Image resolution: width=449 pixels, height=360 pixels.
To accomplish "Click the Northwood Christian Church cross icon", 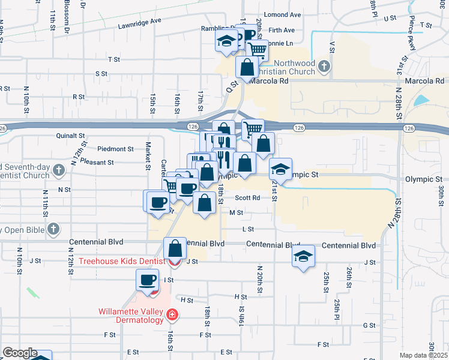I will click(324, 66).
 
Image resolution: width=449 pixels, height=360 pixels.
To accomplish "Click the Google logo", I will click(20, 353).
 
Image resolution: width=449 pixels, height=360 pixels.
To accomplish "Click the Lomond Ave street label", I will click(287, 14).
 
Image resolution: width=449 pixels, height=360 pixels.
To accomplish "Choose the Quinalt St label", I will click(71, 136).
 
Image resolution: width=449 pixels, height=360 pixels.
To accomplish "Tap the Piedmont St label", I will click(116, 149).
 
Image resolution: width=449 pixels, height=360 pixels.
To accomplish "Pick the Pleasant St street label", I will click(98, 162).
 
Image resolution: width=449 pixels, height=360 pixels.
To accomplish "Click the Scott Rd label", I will click(247, 197).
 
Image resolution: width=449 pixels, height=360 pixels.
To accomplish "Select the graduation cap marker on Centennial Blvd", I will click(304, 256).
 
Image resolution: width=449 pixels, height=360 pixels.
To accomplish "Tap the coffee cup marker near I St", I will click(148, 280).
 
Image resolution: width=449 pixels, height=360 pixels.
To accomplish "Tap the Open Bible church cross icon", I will click(53, 229).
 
